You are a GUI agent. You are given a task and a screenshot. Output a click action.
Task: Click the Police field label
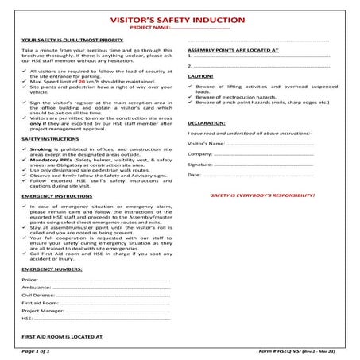point(29,281)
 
